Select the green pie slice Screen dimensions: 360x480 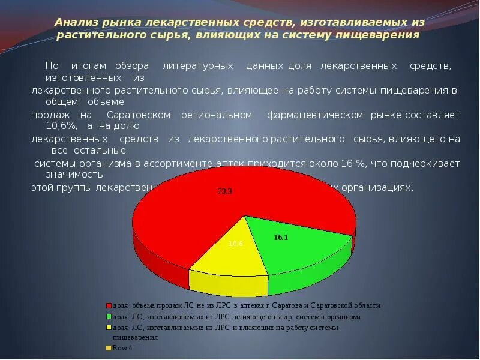[300, 240]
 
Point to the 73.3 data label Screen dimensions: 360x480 [225, 191]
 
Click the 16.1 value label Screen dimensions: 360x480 [281, 238]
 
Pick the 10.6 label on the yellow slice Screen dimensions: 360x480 [236, 244]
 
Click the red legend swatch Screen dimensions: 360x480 [109, 305]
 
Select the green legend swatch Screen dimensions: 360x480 [109, 317]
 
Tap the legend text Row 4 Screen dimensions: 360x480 [122, 348]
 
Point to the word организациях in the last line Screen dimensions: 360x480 [383, 187]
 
